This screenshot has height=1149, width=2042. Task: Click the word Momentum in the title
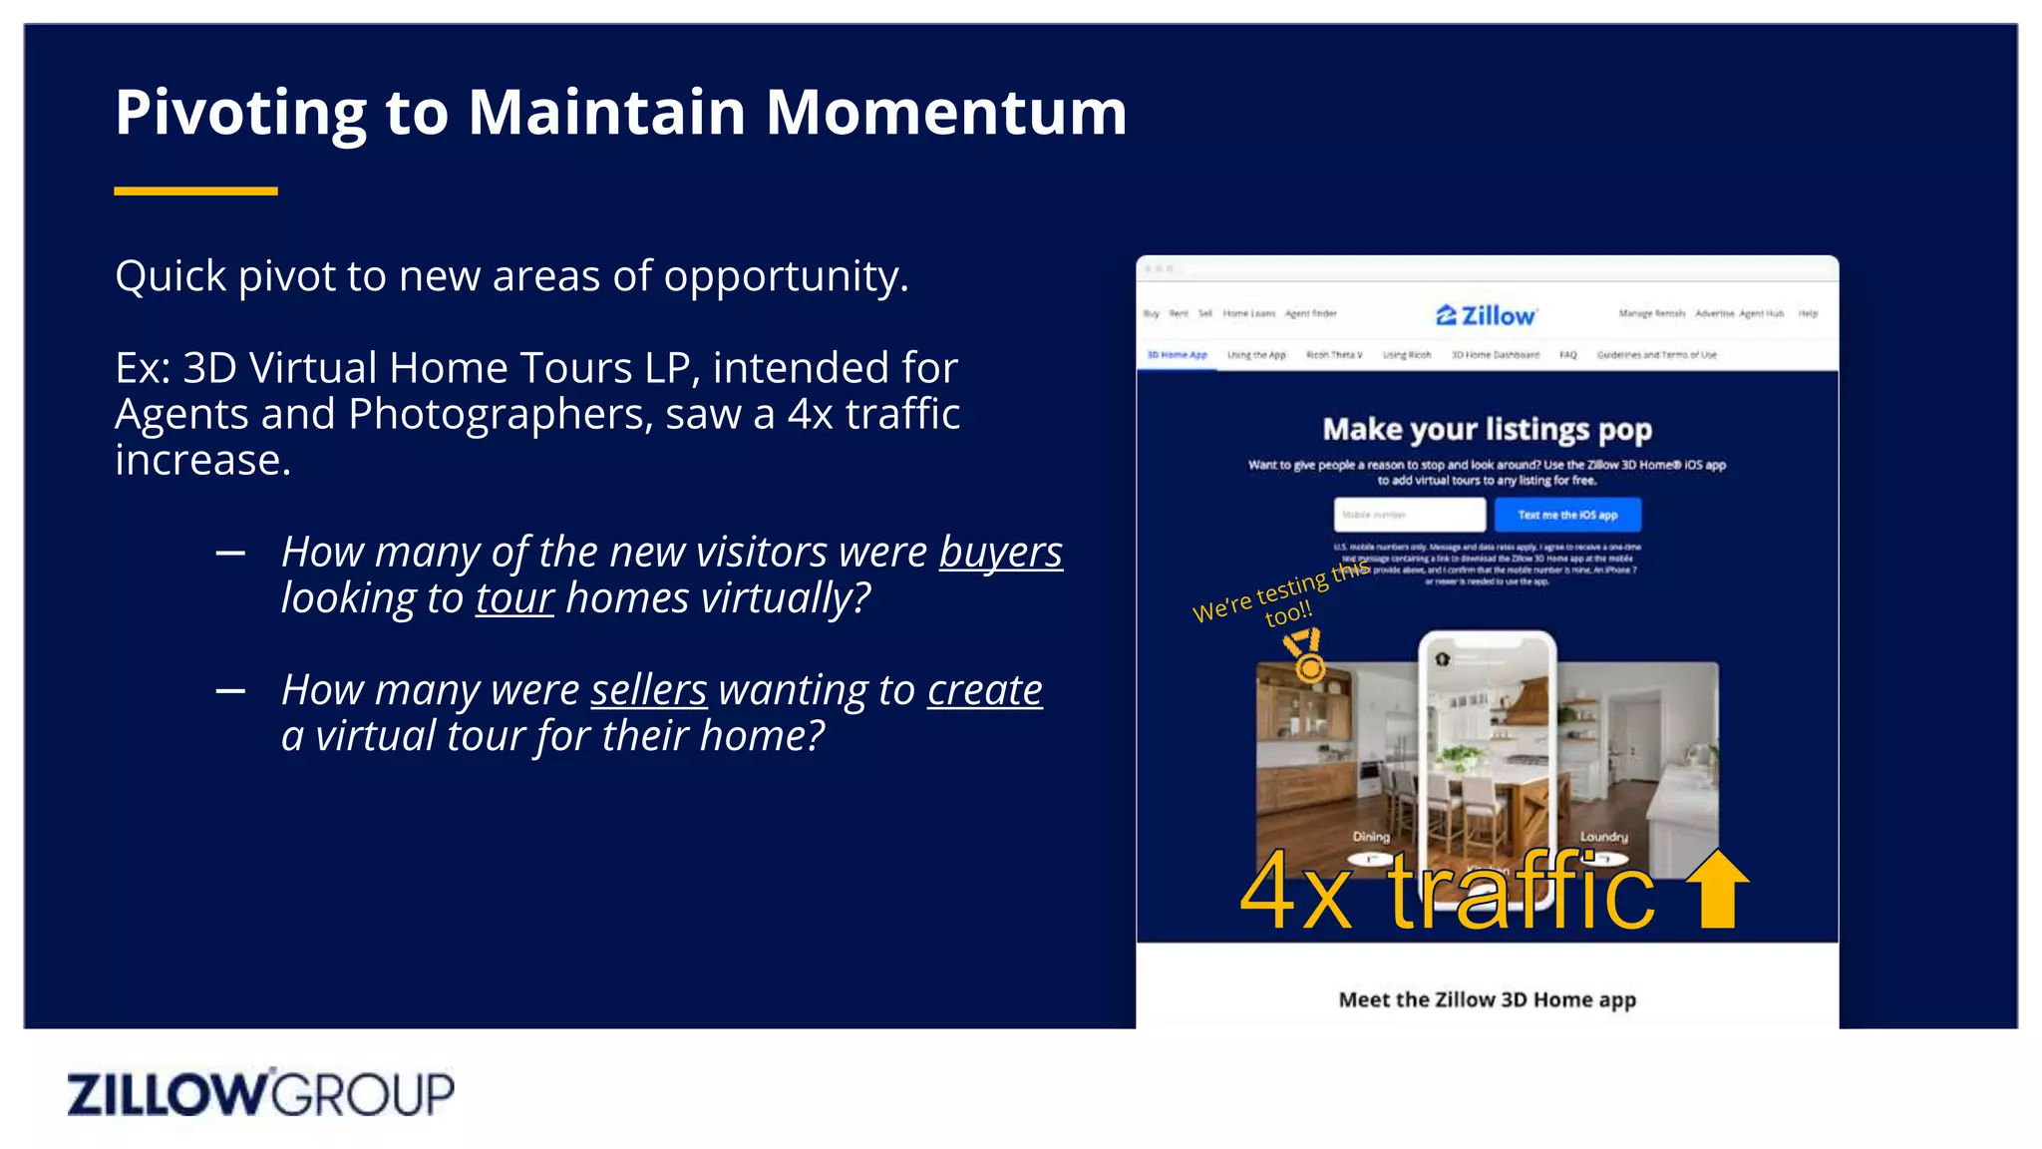(945, 112)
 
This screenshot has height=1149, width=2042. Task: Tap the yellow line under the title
(195, 191)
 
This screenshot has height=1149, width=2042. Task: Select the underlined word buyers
(1000, 553)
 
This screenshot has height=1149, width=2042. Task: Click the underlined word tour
(513, 598)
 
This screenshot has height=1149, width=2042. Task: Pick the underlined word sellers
(648, 690)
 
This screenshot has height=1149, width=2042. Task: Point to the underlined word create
(984, 690)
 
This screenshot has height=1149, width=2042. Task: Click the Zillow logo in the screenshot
(1486, 315)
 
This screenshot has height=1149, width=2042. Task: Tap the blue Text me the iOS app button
(1566, 515)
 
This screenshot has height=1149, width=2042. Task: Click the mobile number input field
(1409, 515)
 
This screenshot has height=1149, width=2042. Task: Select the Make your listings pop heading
(1487, 429)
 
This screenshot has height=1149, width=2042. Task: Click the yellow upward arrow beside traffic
(1717, 888)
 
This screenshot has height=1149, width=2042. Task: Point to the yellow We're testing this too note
(1282, 596)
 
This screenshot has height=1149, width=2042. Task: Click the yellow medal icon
(1305, 655)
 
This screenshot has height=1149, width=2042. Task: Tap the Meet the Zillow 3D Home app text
(1487, 999)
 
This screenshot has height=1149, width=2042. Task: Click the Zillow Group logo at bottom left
(260, 1093)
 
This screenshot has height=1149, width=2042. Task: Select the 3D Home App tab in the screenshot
(1177, 355)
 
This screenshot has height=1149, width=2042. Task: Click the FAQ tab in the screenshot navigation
(1567, 355)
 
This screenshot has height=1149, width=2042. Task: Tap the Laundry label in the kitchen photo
(1603, 837)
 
